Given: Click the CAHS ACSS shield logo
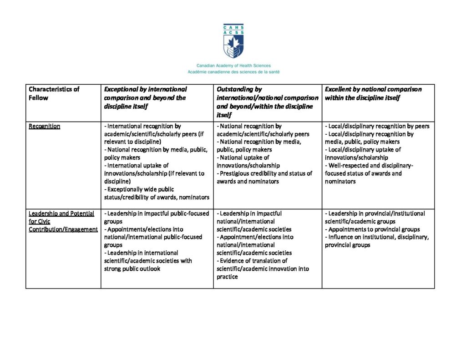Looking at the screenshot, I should pos(233,41).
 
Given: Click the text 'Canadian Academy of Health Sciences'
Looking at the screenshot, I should pos(233,66).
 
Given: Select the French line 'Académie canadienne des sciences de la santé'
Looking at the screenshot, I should pos(233,72).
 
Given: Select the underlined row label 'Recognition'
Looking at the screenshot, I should pos(44,126).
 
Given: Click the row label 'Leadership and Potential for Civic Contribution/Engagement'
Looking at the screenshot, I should pos(63,221).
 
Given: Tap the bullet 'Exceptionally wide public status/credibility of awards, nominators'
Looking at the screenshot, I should pos(157,193).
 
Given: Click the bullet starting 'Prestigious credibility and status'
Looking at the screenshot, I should pos(264,177).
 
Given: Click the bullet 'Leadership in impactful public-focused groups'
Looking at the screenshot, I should pos(157,217).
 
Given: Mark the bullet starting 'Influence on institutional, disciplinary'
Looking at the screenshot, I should pos(377,241).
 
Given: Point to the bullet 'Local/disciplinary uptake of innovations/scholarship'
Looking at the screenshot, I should pos(363,153).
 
